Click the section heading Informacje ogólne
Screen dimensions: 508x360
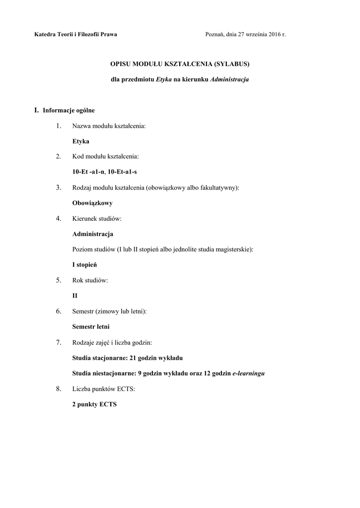click(69, 110)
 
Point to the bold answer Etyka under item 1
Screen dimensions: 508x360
click(81, 141)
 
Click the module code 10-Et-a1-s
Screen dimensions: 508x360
click(122, 172)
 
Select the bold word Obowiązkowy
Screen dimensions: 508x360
click(92, 203)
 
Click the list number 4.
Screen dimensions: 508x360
click(59, 218)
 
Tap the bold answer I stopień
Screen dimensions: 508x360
click(84, 265)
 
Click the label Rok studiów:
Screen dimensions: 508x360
click(90, 280)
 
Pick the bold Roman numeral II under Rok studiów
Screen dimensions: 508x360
click(75, 296)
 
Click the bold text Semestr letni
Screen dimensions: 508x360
click(91, 327)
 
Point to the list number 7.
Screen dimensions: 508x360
click(59, 342)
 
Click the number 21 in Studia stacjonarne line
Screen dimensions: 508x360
click(133, 358)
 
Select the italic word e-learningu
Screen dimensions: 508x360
click(248, 373)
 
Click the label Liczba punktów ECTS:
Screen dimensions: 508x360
click(103, 389)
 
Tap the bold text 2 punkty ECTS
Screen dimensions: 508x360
click(94, 404)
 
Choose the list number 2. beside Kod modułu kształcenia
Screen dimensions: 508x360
click(59, 157)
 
